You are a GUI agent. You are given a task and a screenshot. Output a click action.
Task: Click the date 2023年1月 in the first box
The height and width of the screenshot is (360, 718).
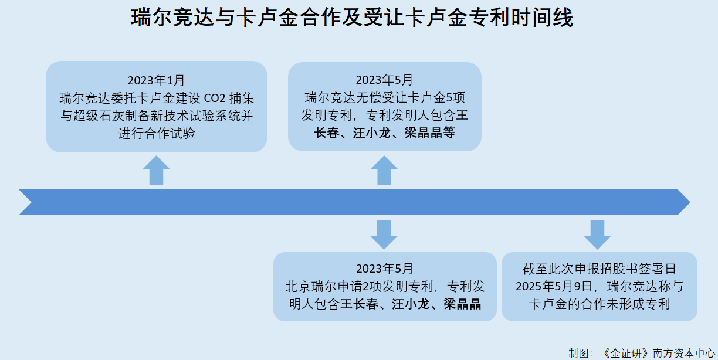click(x=156, y=80)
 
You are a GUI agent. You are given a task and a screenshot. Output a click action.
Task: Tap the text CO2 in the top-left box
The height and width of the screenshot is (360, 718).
click(x=215, y=98)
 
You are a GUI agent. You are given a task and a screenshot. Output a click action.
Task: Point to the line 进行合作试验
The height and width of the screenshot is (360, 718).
click(x=157, y=133)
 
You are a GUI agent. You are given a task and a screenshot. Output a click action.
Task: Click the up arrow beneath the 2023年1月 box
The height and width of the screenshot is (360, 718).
click(x=156, y=171)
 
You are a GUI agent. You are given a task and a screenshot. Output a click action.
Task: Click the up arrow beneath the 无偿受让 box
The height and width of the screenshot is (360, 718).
click(x=384, y=171)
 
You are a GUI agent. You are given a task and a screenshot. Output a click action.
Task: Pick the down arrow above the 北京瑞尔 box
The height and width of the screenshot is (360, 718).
click(x=384, y=235)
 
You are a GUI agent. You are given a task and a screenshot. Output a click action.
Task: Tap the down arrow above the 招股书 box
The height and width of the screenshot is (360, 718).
click(x=597, y=235)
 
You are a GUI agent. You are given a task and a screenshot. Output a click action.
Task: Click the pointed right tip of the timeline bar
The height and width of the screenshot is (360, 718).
click(x=690, y=202)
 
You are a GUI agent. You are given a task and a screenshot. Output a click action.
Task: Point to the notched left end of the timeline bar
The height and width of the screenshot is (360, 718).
click(x=31, y=202)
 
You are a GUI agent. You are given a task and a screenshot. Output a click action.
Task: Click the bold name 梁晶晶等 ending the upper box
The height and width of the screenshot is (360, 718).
click(x=430, y=133)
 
